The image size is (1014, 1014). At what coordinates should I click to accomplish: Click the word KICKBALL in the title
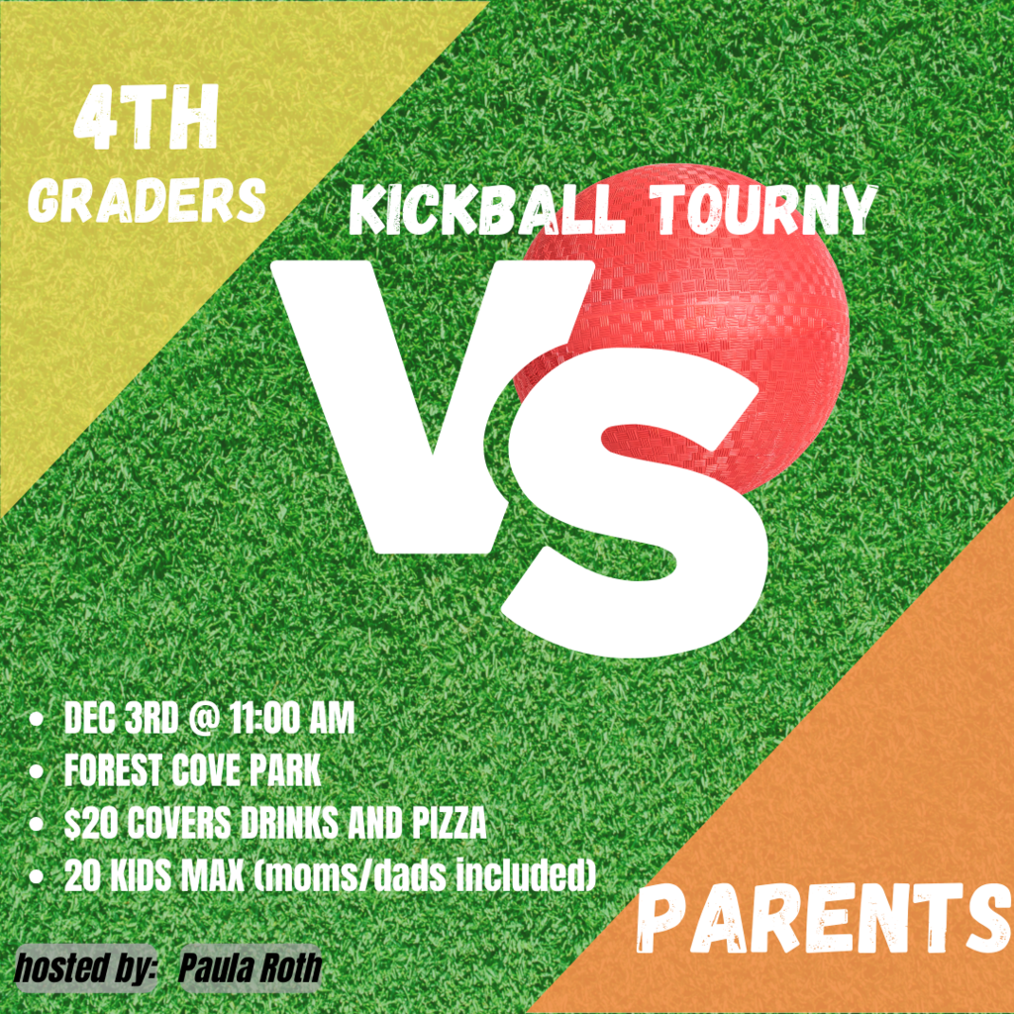click(487, 212)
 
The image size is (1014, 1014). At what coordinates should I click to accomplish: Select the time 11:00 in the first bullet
click(269, 719)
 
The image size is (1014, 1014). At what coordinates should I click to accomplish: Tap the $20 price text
click(91, 823)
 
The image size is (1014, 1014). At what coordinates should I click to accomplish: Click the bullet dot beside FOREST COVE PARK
click(37, 772)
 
